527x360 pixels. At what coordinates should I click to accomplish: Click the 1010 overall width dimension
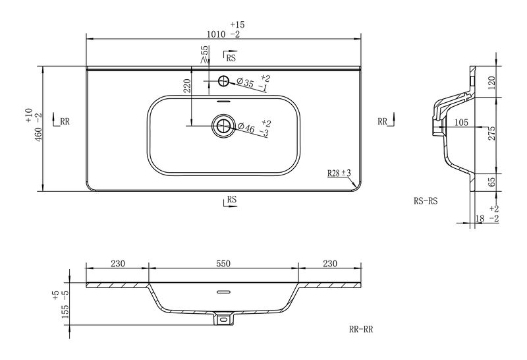pyautogui.click(x=216, y=34)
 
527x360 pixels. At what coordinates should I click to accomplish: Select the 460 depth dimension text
pyautogui.click(x=39, y=135)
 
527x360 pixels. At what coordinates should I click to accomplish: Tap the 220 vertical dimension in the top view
pyautogui.click(x=188, y=86)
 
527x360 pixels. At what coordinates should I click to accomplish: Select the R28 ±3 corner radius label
pyautogui.click(x=339, y=173)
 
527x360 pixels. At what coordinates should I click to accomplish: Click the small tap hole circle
pyautogui.click(x=223, y=80)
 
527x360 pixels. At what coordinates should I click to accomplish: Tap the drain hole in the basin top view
pyautogui.click(x=223, y=126)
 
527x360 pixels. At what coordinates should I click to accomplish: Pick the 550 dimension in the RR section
pyautogui.click(x=223, y=264)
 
